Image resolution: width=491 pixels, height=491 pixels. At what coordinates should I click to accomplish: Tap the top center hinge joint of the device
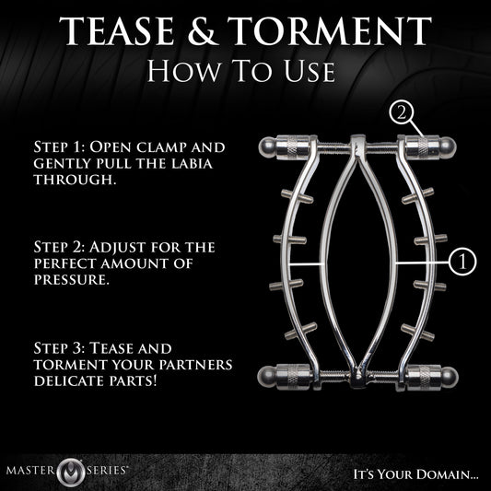356,145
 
